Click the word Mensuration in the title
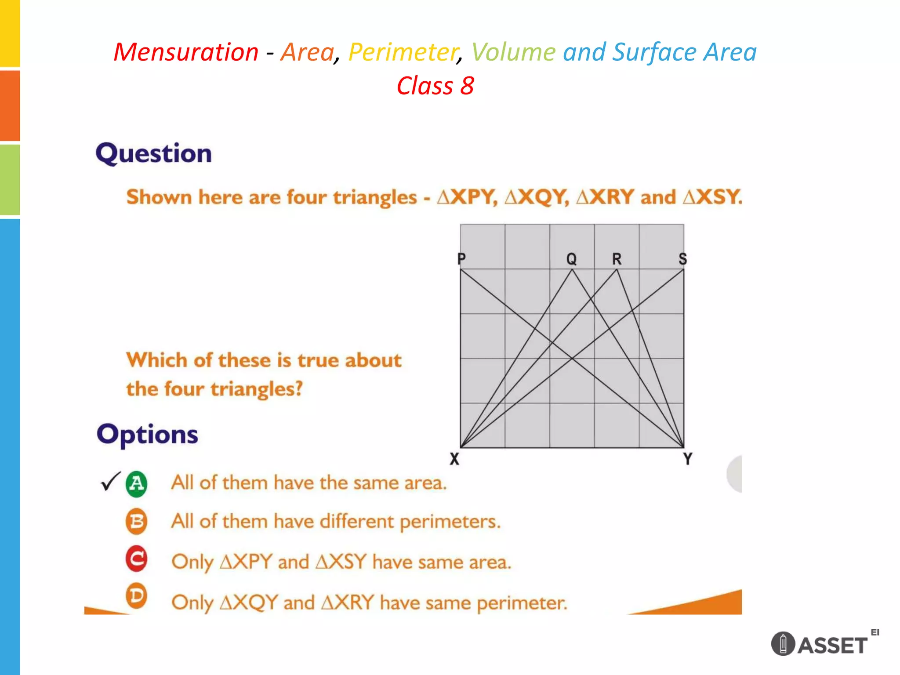pos(186,52)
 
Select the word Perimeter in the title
pos(403,52)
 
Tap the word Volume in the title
pos(513,52)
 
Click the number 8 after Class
pos(467,86)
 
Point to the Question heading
pos(154,153)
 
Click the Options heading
pos(147,435)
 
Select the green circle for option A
pos(137,484)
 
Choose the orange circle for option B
pos(137,522)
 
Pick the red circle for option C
pos(137,559)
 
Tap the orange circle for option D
pos(137,596)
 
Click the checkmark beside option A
pos(110,481)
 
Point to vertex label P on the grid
pos(461,259)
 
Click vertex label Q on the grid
pos(571,259)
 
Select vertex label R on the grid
pos(617,259)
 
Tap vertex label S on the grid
pos(682,259)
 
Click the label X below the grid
pos(454,459)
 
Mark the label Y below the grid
pos(688,459)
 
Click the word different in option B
pos(356,522)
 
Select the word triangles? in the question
pos(257,389)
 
